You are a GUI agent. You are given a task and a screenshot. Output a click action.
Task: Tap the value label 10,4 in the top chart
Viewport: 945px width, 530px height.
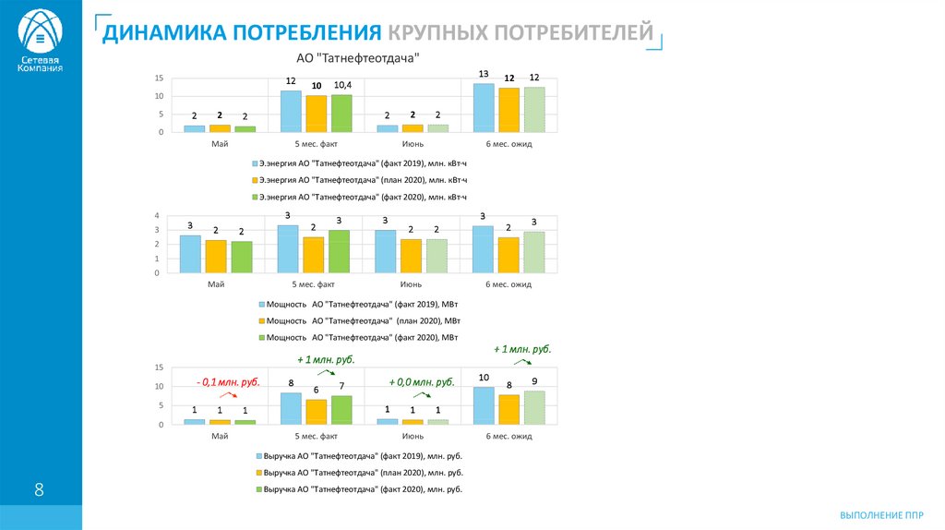[341, 84]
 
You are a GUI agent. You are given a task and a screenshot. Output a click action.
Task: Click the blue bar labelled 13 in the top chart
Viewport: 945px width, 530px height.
[484, 108]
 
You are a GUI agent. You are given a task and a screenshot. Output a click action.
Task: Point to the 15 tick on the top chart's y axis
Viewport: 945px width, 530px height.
[160, 78]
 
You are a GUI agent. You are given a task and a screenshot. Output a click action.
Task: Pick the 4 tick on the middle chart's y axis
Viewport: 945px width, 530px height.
[158, 215]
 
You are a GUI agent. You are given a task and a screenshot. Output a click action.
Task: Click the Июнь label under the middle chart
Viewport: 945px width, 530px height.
[413, 284]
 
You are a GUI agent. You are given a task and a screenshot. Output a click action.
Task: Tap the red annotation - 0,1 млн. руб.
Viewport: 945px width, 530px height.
[227, 381]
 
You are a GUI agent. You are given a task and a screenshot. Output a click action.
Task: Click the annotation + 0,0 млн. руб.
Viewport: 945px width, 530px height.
[421, 381]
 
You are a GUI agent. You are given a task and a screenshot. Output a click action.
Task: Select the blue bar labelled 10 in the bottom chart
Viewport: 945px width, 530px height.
[484, 405]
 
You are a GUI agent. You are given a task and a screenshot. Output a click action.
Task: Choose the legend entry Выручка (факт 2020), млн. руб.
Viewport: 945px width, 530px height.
[363, 488]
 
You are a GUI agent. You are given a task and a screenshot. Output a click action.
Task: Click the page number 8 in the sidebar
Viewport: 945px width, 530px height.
[39, 489]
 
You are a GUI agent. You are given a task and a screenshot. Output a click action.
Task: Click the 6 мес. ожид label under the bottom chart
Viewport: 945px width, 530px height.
[508, 435]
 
